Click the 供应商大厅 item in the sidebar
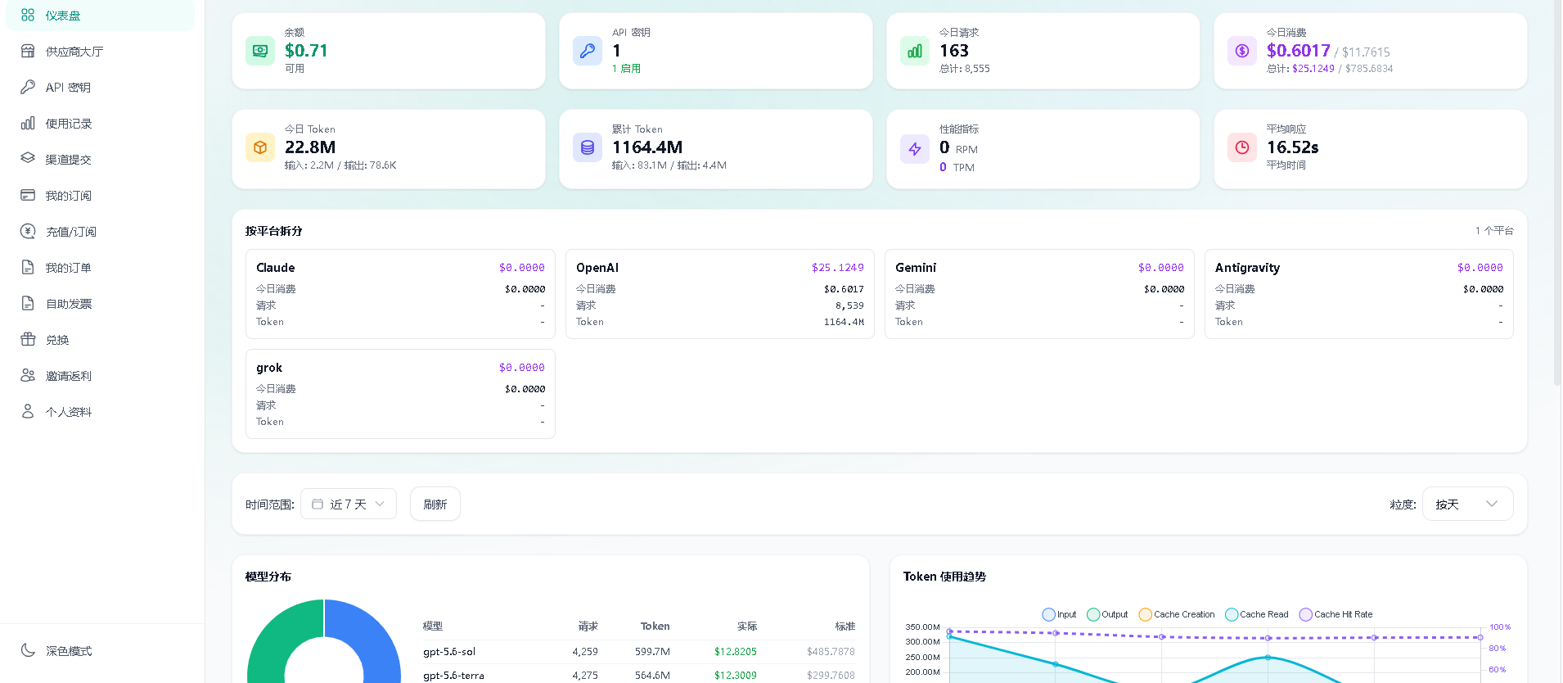pos(74,52)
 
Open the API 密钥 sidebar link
pos(68,88)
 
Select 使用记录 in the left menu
pos(69,124)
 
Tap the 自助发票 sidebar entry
pos(69,304)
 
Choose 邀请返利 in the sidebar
pos(69,376)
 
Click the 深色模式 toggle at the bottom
pos(69,651)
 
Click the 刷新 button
pos(435,504)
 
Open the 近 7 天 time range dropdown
pos(349,504)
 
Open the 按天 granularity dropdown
pos(1467,504)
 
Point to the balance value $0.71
pos(306,51)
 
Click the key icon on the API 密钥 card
pos(588,51)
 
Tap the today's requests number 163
pos(954,51)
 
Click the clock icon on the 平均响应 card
pos(1242,147)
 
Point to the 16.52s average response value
pos(1293,147)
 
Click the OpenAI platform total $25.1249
pos(838,268)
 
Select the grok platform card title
pos(269,368)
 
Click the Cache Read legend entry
pos(1257,614)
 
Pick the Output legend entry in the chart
pos(1107,614)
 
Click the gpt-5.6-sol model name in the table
pos(449,652)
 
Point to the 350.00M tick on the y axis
pos(922,627)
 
